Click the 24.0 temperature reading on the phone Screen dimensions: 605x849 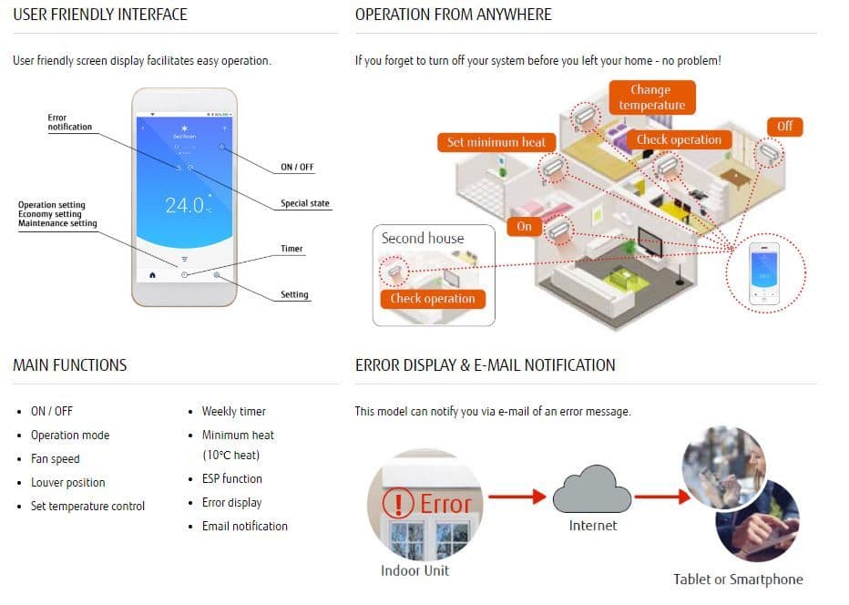[x=185, y=205]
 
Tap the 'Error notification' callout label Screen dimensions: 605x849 [x=70, y=122]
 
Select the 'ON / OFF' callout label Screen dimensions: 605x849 [x=297, y=168]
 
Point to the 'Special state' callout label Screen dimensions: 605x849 [x=304, y=203]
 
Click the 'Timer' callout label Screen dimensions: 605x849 [x=292, y=249]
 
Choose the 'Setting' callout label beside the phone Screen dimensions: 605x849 [x=294, y=294]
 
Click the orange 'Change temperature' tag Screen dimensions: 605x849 [x=651, y=97]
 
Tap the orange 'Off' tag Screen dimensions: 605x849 [x=784, y=126]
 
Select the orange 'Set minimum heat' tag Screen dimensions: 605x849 [x=496, y=142]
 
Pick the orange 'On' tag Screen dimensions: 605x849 [x=524, y=226]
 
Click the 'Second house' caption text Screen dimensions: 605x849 [x=422, y=239]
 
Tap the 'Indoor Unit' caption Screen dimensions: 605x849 [x=414, y=570]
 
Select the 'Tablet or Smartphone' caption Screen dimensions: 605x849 [x=738, y=579]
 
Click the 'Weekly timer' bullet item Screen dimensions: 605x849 [x=233, y=411]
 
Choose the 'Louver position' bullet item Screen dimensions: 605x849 [x=67, y=482]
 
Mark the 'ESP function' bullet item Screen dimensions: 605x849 [x=231, y=478]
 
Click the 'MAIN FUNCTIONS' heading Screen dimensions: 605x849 [x=70, y=365]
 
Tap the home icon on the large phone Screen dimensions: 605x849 [x=152, y=274]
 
